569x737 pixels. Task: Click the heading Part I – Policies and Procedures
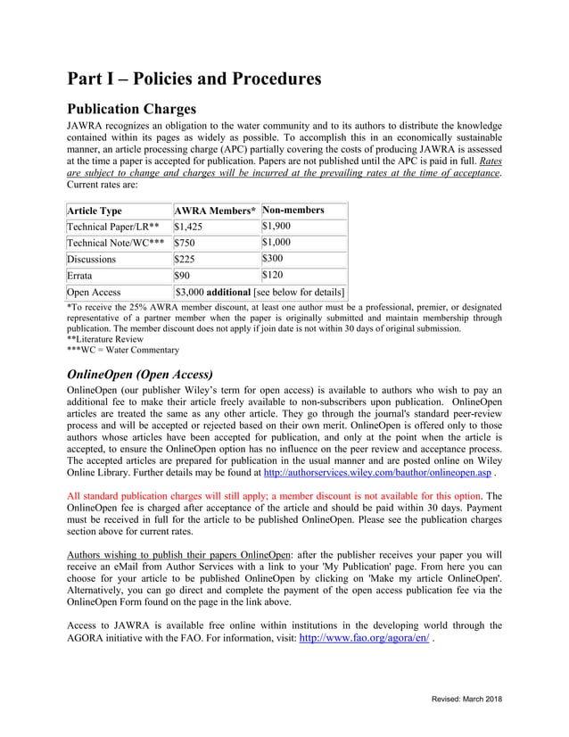click(194, 79)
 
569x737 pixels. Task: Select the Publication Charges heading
click(131, 109)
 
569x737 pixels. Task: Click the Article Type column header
click(95, 211)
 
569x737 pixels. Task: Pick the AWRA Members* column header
click(215, 211)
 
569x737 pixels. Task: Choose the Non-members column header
click(293, 211)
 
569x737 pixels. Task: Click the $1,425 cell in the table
click(188, 228)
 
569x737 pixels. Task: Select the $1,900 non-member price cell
click(276, 227)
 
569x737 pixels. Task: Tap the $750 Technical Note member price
click(185, 243)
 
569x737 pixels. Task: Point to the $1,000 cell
click(276, 243)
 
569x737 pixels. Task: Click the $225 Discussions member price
click(185, 260)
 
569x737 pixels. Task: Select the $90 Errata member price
click(182, 276)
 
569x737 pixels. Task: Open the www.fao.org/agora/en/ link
click(364, 639)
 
